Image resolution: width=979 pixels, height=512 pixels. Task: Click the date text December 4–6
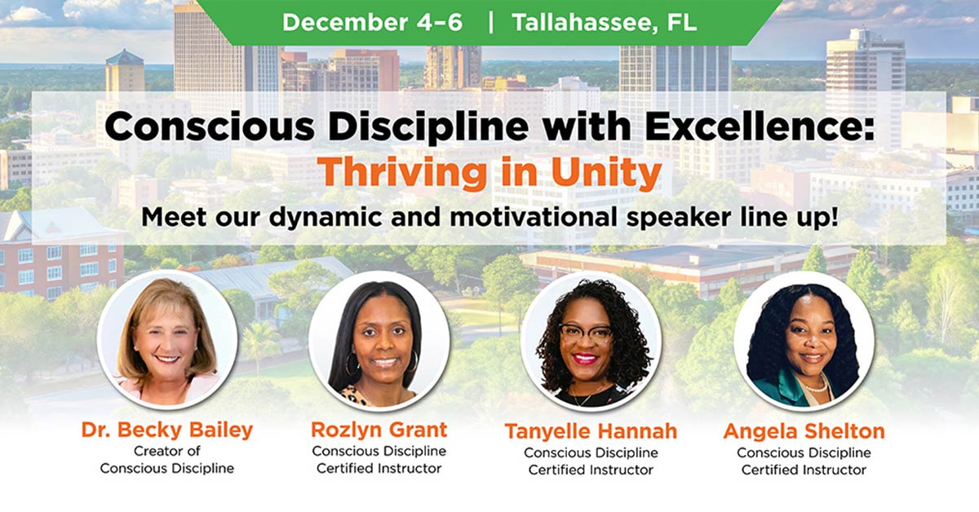(372, 22)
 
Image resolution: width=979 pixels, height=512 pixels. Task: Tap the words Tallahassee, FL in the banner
(604, 22)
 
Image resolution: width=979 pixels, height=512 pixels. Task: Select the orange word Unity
(606, 173)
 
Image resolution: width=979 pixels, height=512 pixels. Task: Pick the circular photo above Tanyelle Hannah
(591, 341)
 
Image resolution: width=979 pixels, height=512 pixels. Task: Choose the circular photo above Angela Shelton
(804, 341)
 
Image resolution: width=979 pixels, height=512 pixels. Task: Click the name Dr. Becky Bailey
(167, 430)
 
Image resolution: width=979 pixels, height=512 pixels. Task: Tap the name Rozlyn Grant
(379, 430)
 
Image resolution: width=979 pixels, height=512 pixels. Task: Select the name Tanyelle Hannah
(591, 431)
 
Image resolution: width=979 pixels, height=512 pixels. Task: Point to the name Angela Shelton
(804, 431)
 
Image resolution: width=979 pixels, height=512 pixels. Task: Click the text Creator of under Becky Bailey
(167, 451)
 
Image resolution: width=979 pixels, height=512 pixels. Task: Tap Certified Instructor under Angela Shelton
(804, 470)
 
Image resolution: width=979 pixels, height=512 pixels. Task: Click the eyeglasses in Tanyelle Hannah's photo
(586, 334)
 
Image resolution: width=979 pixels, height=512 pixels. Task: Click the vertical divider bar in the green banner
(490, 22)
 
